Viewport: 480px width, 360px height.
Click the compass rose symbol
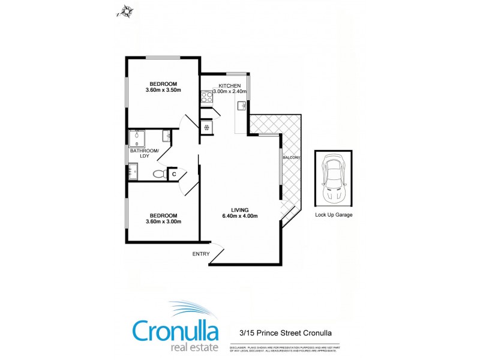(127, 10)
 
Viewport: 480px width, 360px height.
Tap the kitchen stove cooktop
(208, 94)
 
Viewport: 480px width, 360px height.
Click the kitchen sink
(242, 106)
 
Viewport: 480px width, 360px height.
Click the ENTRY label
(201, 254)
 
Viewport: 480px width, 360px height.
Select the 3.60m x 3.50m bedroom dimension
(163, 90)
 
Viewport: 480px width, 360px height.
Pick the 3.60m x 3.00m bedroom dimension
(163, 221)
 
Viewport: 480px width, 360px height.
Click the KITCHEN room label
(229, 85)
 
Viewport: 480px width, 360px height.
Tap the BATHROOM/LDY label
(145, 153)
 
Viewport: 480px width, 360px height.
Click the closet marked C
(173, 174)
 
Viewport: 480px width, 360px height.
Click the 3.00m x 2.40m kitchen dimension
(230, 92)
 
